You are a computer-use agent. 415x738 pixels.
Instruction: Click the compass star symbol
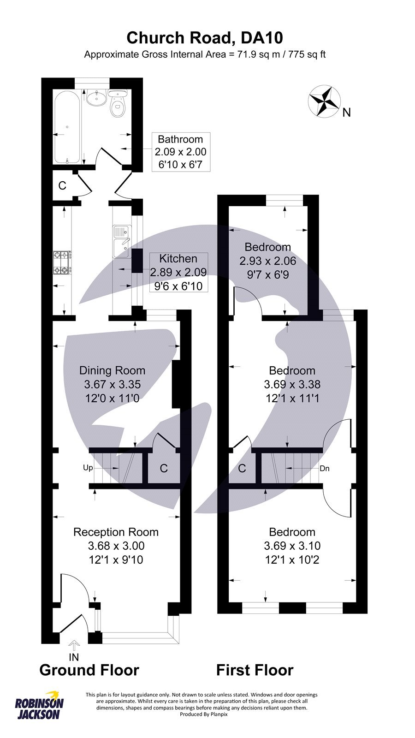click(324, 101)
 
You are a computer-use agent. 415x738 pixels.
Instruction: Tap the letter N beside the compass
click(347, 112)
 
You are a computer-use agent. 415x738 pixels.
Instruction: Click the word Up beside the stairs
click(88, 468)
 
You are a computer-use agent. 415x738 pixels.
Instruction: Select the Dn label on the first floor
click(325, 469)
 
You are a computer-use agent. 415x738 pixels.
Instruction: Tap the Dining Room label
click(112, 370)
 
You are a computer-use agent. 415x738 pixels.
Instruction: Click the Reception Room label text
click(116, 532)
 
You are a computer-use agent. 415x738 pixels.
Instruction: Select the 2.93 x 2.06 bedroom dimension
click(267, 261)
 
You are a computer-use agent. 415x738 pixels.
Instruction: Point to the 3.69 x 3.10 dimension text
click(292, 546)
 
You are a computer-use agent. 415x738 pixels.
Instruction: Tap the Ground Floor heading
click(89, 670)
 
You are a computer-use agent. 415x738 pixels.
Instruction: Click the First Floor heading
click(255, 670)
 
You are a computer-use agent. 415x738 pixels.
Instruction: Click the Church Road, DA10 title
click(205, 37)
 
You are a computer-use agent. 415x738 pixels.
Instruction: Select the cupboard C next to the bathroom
click(62, 186)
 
